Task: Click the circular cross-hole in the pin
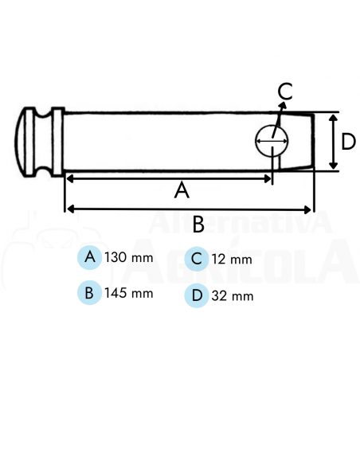(x=272, y=142)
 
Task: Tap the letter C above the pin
(x=284, y=91)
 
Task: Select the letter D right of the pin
(x=347, y=142)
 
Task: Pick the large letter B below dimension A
(x=198, y=224)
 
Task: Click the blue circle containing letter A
(x=90, y=257)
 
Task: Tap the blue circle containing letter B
(x=90, y=292)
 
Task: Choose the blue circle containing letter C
(x=196, y=259)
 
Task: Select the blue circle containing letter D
(x=196, y=296)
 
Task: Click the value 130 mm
(x=128, y=258)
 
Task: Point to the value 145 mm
(x=128, y=293)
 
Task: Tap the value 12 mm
(x=232, y=260)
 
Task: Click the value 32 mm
(x=233, y=296)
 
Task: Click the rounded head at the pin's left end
(x=32, y=143)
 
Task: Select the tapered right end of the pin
(x=302, y=142)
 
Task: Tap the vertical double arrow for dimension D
(x=332, y=141)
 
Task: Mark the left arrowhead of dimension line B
(x=69, y=209)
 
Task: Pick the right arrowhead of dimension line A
(x=268, y=178)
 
